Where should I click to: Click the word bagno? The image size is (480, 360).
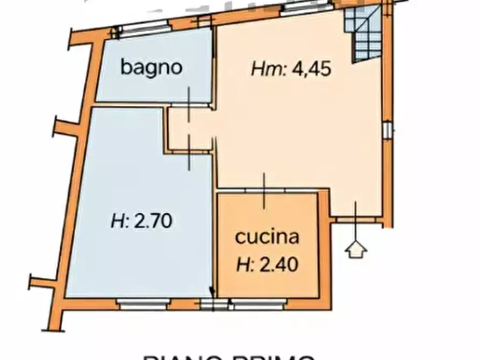pos(152,68)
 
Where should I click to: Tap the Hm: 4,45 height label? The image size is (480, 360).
pos(291,70)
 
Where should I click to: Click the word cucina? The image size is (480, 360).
pos(267,236)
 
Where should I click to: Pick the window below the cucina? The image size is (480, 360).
pos(258,305)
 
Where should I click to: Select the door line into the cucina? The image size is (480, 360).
pos(263,191)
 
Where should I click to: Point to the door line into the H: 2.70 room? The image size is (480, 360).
pos(189,153)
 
